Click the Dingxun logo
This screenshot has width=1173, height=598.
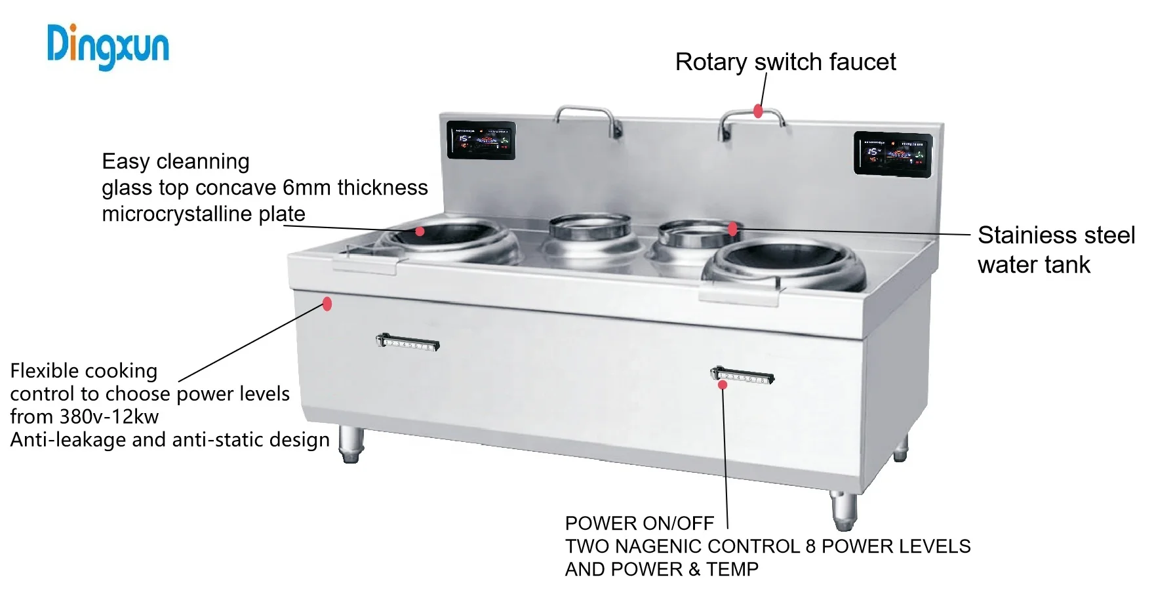108,46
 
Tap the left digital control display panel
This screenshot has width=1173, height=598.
481,140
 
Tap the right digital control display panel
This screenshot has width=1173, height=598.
892,154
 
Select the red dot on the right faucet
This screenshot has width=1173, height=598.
758,111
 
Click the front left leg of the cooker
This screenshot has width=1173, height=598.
351,444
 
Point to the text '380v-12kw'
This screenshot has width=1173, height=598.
109,417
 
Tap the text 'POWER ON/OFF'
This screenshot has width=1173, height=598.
639,523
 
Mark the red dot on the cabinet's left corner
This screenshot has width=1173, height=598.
327,304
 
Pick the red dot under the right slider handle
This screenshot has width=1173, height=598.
723,385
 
